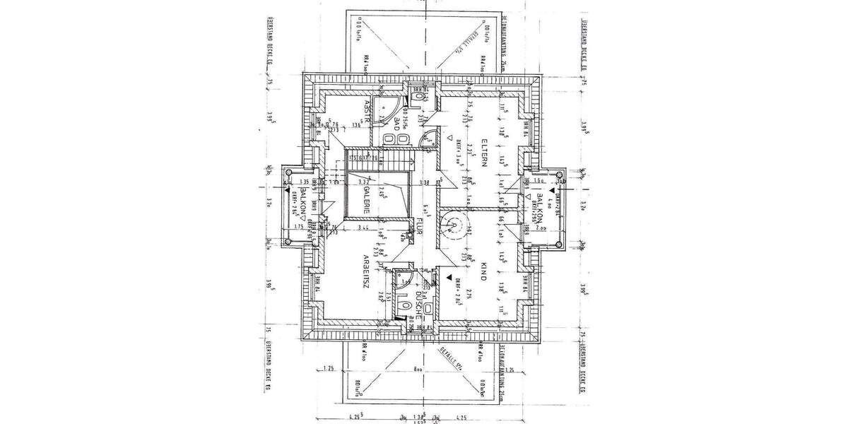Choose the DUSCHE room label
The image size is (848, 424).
tap(418, 304)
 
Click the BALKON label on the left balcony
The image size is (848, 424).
tap(302, 203)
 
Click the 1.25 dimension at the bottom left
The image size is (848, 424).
tap(327, 369)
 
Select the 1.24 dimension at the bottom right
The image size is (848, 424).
tap(509, 369)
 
